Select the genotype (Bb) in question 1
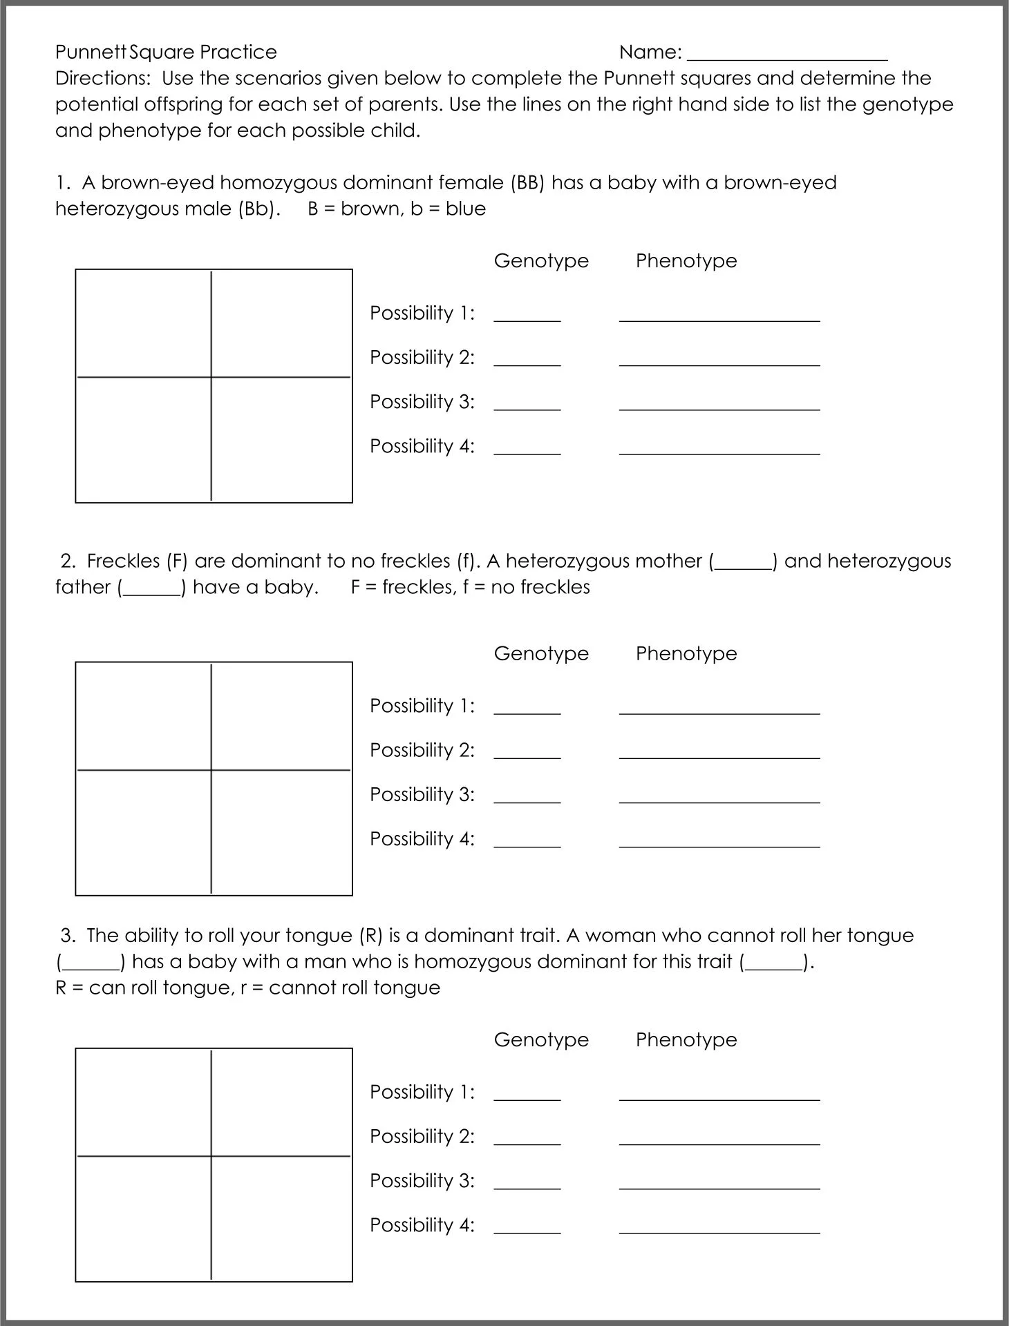coord(257,209)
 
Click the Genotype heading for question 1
coord(541,261)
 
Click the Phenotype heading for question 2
coord(686,654)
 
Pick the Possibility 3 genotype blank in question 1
coord(527,407)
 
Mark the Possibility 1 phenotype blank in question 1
coord(719,318)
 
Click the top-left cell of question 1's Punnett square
coord(143,323)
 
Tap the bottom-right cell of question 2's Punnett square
coord(281,832)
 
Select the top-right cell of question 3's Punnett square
coord(281,1102)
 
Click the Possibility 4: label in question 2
coord(422,839)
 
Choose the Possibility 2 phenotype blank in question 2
coord(719,755)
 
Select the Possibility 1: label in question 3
coord(422,1093)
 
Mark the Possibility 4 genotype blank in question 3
coord(527,1230)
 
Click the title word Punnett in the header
coord(91,52)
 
